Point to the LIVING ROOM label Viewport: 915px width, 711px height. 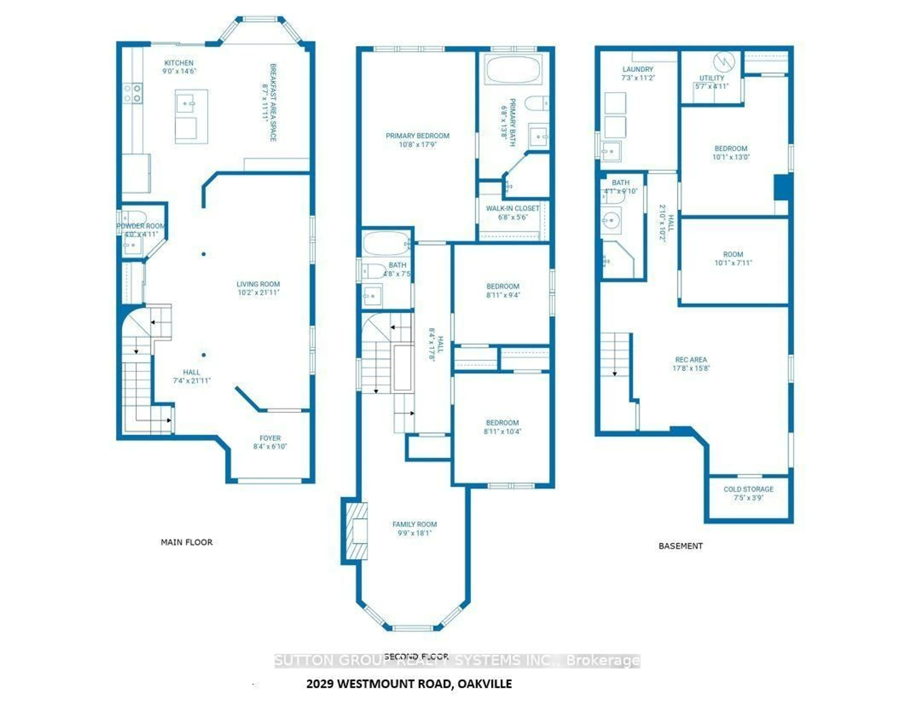(x=258, y=284)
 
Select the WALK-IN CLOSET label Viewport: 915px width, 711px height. (x=512, y=208)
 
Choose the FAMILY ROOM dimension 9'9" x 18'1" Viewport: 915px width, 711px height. (x=415, y=533)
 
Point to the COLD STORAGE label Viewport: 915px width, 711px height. (x=748, y=489)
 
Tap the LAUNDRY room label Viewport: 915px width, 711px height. (x=638, y=69)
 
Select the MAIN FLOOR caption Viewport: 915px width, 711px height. (x=186, y=542)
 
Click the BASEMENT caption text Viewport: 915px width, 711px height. (x=680, y=546)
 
